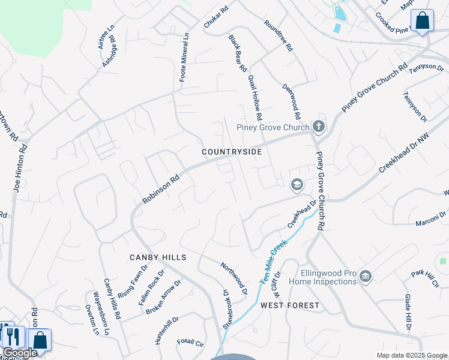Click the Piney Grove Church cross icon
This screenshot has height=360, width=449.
(319, 127)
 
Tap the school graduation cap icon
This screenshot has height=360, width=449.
(296, 185)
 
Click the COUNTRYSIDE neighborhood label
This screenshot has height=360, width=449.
(232, 152)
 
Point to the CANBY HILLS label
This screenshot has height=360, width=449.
(158, 257)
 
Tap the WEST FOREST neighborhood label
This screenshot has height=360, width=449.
(290, 305)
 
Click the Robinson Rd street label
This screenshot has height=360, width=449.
(161, 189)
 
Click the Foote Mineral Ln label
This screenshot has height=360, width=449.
(184, 57)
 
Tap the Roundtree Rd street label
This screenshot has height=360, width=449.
(278, 35)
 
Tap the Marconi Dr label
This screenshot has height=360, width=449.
(432, 223)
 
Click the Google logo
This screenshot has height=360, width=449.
(20, 353)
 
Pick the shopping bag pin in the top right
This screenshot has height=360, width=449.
(423, 21)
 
